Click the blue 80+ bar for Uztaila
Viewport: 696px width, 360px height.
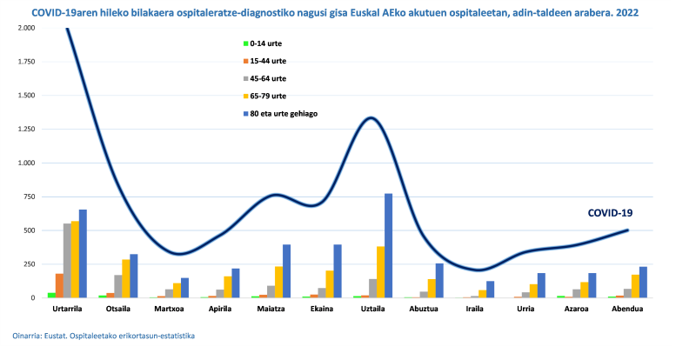(x=388, y=245)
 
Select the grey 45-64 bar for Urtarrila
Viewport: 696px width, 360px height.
(x=67, y=261)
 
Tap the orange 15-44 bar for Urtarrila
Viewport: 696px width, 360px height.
(x=59, y=285)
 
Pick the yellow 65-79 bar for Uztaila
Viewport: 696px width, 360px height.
(x=379, y=272)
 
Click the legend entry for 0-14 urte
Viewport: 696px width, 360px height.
(x=266, y=43)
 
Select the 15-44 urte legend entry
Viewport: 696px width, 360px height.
(x=268, y=61)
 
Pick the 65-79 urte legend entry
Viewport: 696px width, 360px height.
(x=268, y=96)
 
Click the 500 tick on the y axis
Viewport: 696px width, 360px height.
(x=29, y=230)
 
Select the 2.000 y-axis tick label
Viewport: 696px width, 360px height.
(x=24, y=28)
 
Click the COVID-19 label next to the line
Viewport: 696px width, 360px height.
(x=610, y=212)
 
